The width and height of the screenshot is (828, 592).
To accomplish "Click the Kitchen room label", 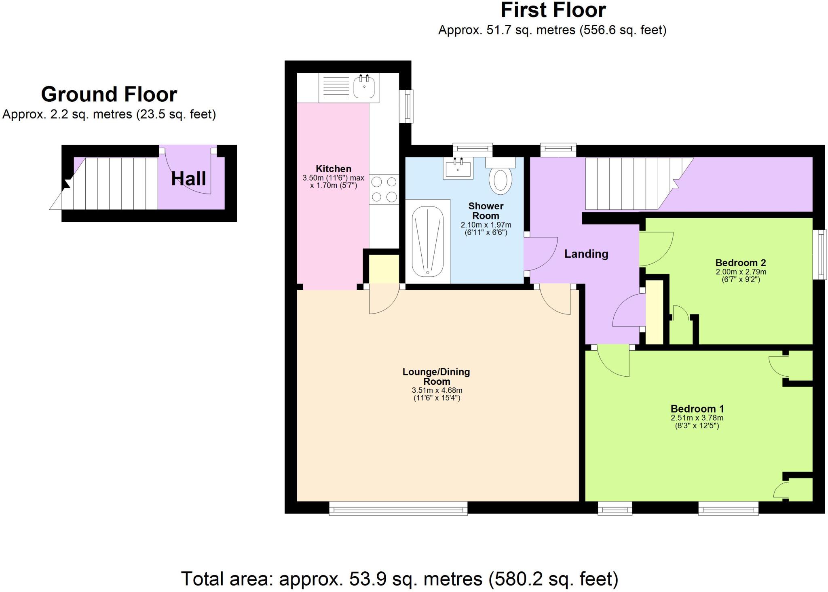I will coord(333,169).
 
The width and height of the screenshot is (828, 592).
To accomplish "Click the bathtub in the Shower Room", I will coord(427,241).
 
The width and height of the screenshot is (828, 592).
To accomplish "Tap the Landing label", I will coord(586,254).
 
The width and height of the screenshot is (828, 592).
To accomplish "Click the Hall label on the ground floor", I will coord(188,179).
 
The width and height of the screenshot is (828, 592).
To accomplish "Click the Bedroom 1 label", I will coord(697,409).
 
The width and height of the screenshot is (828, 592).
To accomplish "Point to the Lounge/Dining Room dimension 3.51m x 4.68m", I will coord(437,390).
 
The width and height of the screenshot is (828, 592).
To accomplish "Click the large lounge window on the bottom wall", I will coord(398,508).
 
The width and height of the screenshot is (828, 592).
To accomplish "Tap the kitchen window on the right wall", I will coord(406,106).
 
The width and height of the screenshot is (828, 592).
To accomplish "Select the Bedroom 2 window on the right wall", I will coord(820,254).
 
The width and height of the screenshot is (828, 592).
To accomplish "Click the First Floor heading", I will coord(553,11).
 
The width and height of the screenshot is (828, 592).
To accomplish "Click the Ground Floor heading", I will coord(109,95).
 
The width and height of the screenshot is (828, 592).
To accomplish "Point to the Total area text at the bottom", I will coord(399,579).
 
